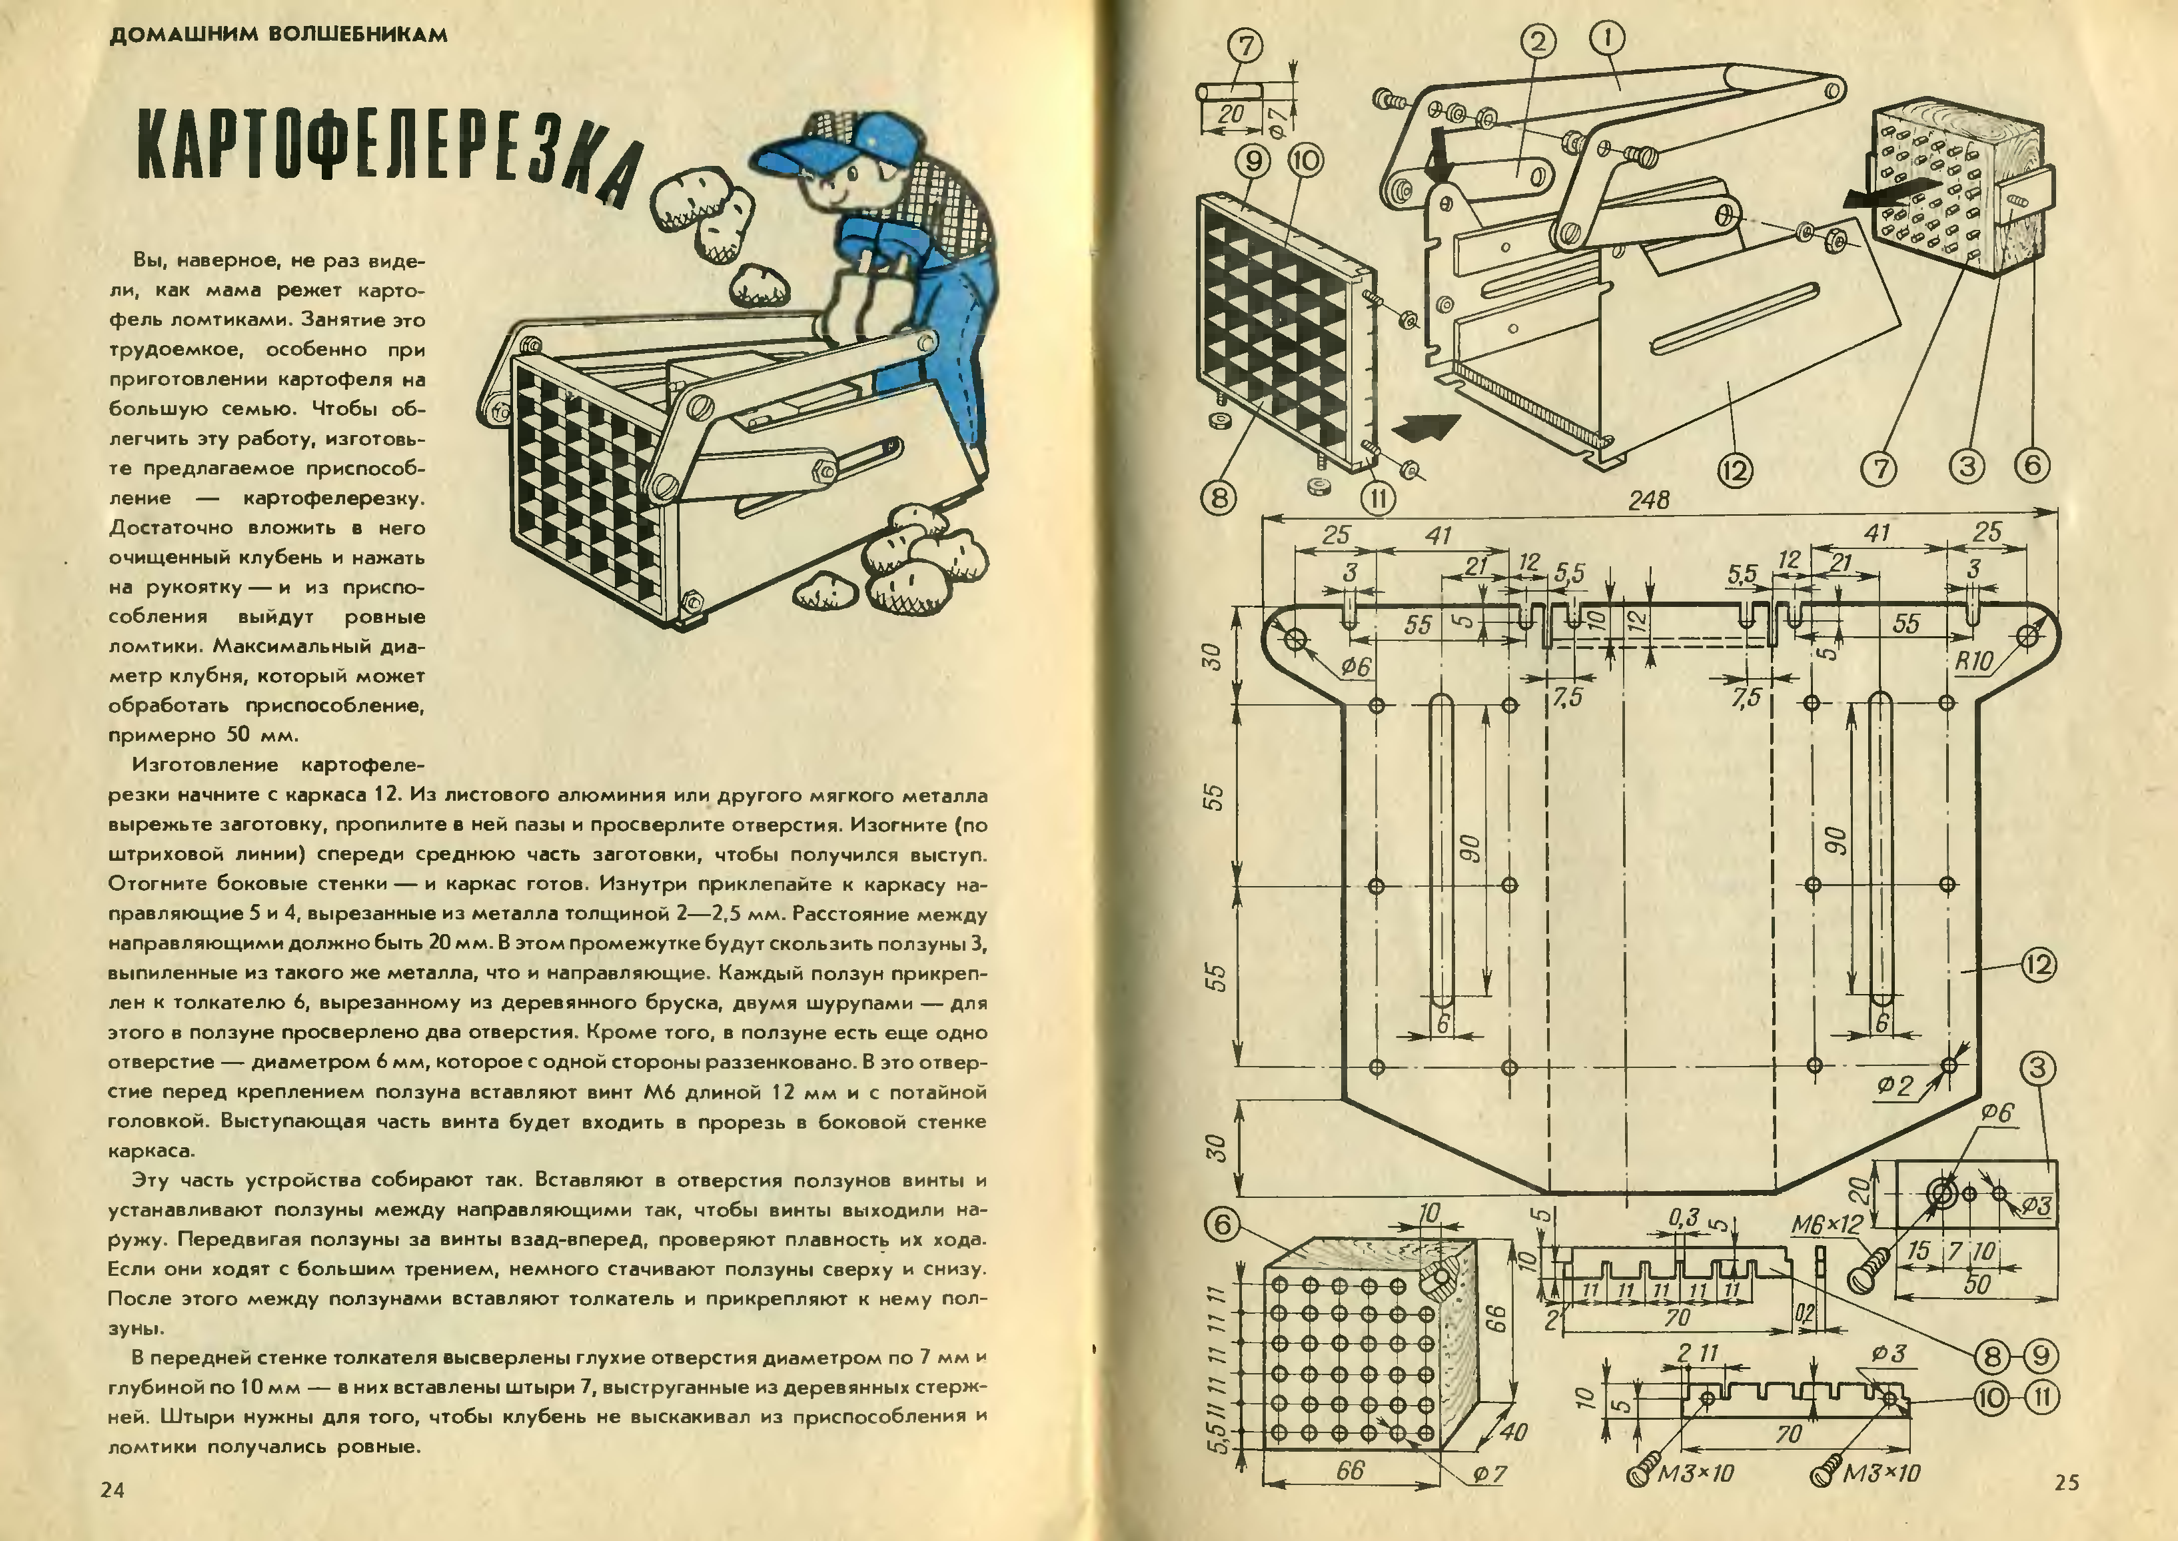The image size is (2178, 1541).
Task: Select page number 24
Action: [112, 1489]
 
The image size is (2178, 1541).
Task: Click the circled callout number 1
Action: [1607, 38]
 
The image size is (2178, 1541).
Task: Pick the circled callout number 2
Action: [1538, 40]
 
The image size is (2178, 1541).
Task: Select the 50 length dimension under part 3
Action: [1977, 1284]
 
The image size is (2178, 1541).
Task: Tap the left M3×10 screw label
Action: [1695, 1472]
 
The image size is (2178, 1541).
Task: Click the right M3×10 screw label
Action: [1880, 1472]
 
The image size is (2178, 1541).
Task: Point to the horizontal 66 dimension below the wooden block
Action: [1349, 1471]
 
